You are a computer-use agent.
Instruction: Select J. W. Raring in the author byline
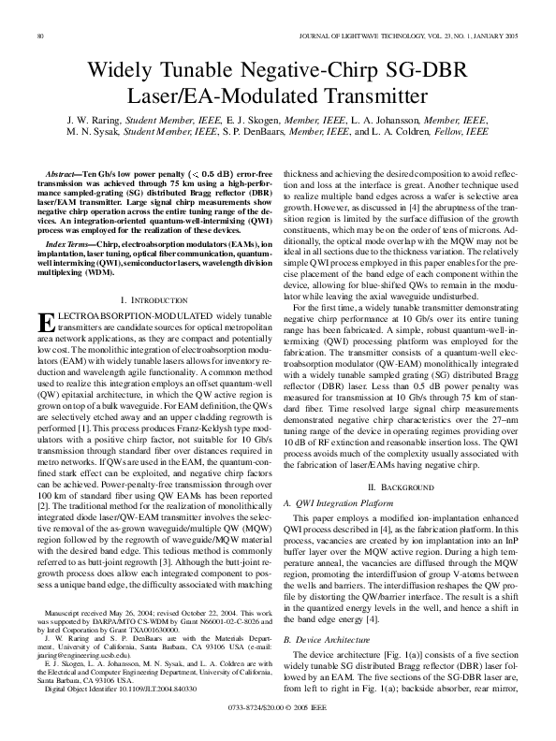tap(95, 121)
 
